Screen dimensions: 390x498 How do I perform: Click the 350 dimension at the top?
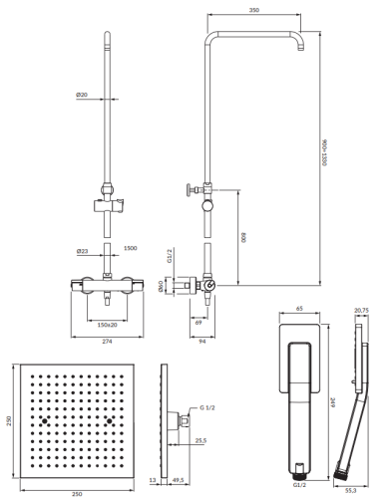pyautogui.click(x=254, y=10)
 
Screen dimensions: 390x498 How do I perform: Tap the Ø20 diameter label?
pyautogui.click(x=82, y=95)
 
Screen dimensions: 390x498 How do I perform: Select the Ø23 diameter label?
pyautogui.click(x=82, y=251)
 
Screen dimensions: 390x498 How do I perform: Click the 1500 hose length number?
pyautogui.click(x=130, y=248)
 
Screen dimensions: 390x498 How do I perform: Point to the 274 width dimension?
pyautogui.click(x=107, y=342)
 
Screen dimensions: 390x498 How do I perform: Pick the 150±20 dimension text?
pyautogui.click(x=107, y=325)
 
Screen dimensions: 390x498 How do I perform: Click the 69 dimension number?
pyautogui.click(x=198, y=323)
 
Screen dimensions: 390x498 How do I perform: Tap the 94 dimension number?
pyautogui.click(x=202, y=342)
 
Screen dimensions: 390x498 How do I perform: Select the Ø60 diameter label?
pyautogui.click(x=161, y=286)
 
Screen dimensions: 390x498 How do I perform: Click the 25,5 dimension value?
pyautogui.click(x=200, y=440)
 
